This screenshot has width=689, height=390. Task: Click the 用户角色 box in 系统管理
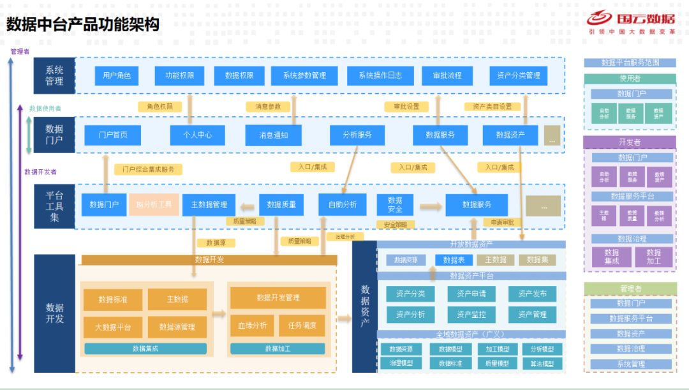click(117, 75)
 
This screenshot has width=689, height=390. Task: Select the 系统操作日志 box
click(380, 75)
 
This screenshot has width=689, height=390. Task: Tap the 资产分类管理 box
click(518, 75)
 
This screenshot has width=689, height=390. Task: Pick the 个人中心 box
click(197, 135)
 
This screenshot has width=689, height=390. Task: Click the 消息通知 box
click(273, 135)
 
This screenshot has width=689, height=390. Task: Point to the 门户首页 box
click(113, 135)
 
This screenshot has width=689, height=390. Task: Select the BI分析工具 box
click(154, 205)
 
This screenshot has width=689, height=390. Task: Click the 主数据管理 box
click(209, 205)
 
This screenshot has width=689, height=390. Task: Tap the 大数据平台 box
click(113, 327)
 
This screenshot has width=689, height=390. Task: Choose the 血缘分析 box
click(252, 326)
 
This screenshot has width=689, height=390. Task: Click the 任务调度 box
click(302, 326)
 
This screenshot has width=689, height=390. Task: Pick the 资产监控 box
click(471, 315)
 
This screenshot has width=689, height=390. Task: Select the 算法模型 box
click(542, 363)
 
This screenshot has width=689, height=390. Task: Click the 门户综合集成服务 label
click(148, 170)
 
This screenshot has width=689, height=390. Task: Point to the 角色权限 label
click(159, 107)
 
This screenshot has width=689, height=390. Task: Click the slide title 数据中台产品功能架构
click(83, 24)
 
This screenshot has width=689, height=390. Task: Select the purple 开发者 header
click(629, 142)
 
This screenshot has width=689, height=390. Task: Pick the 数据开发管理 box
click(278, 297)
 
